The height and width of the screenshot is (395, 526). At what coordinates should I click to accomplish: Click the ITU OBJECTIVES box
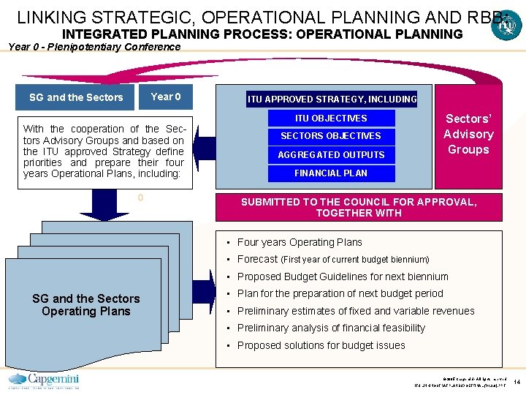click(331, 118)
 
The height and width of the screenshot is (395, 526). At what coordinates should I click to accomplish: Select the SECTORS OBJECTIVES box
click(331, 136)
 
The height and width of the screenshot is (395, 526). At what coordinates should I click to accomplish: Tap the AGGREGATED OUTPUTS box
click(331, 154)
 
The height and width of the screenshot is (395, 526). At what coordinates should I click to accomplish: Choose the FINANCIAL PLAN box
click(331, 173)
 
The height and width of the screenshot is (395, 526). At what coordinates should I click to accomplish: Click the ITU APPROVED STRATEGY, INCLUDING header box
click(332, 99)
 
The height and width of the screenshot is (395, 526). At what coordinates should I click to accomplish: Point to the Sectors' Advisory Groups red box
click(468, 135)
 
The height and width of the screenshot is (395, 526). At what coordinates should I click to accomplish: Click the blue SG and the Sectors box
click(76, 97)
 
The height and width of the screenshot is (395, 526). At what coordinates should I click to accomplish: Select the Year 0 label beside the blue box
click(165, 97)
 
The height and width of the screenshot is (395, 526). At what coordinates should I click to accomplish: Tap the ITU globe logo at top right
click(505, 28)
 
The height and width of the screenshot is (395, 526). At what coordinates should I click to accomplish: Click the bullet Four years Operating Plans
click(300, 242)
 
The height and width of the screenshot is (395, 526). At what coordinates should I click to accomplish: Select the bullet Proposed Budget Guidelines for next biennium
click(342, 276)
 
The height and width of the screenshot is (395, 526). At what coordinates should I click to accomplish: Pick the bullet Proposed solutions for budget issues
click(321, 345)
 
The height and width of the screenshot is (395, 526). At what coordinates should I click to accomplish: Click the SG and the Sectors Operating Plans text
click(86, 305)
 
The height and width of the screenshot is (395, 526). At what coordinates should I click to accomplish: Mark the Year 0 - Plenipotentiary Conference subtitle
click(94, 47)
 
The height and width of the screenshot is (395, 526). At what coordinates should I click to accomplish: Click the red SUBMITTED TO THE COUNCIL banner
click(359, 207)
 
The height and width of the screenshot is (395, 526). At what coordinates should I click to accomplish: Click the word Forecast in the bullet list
click(257, 259)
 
